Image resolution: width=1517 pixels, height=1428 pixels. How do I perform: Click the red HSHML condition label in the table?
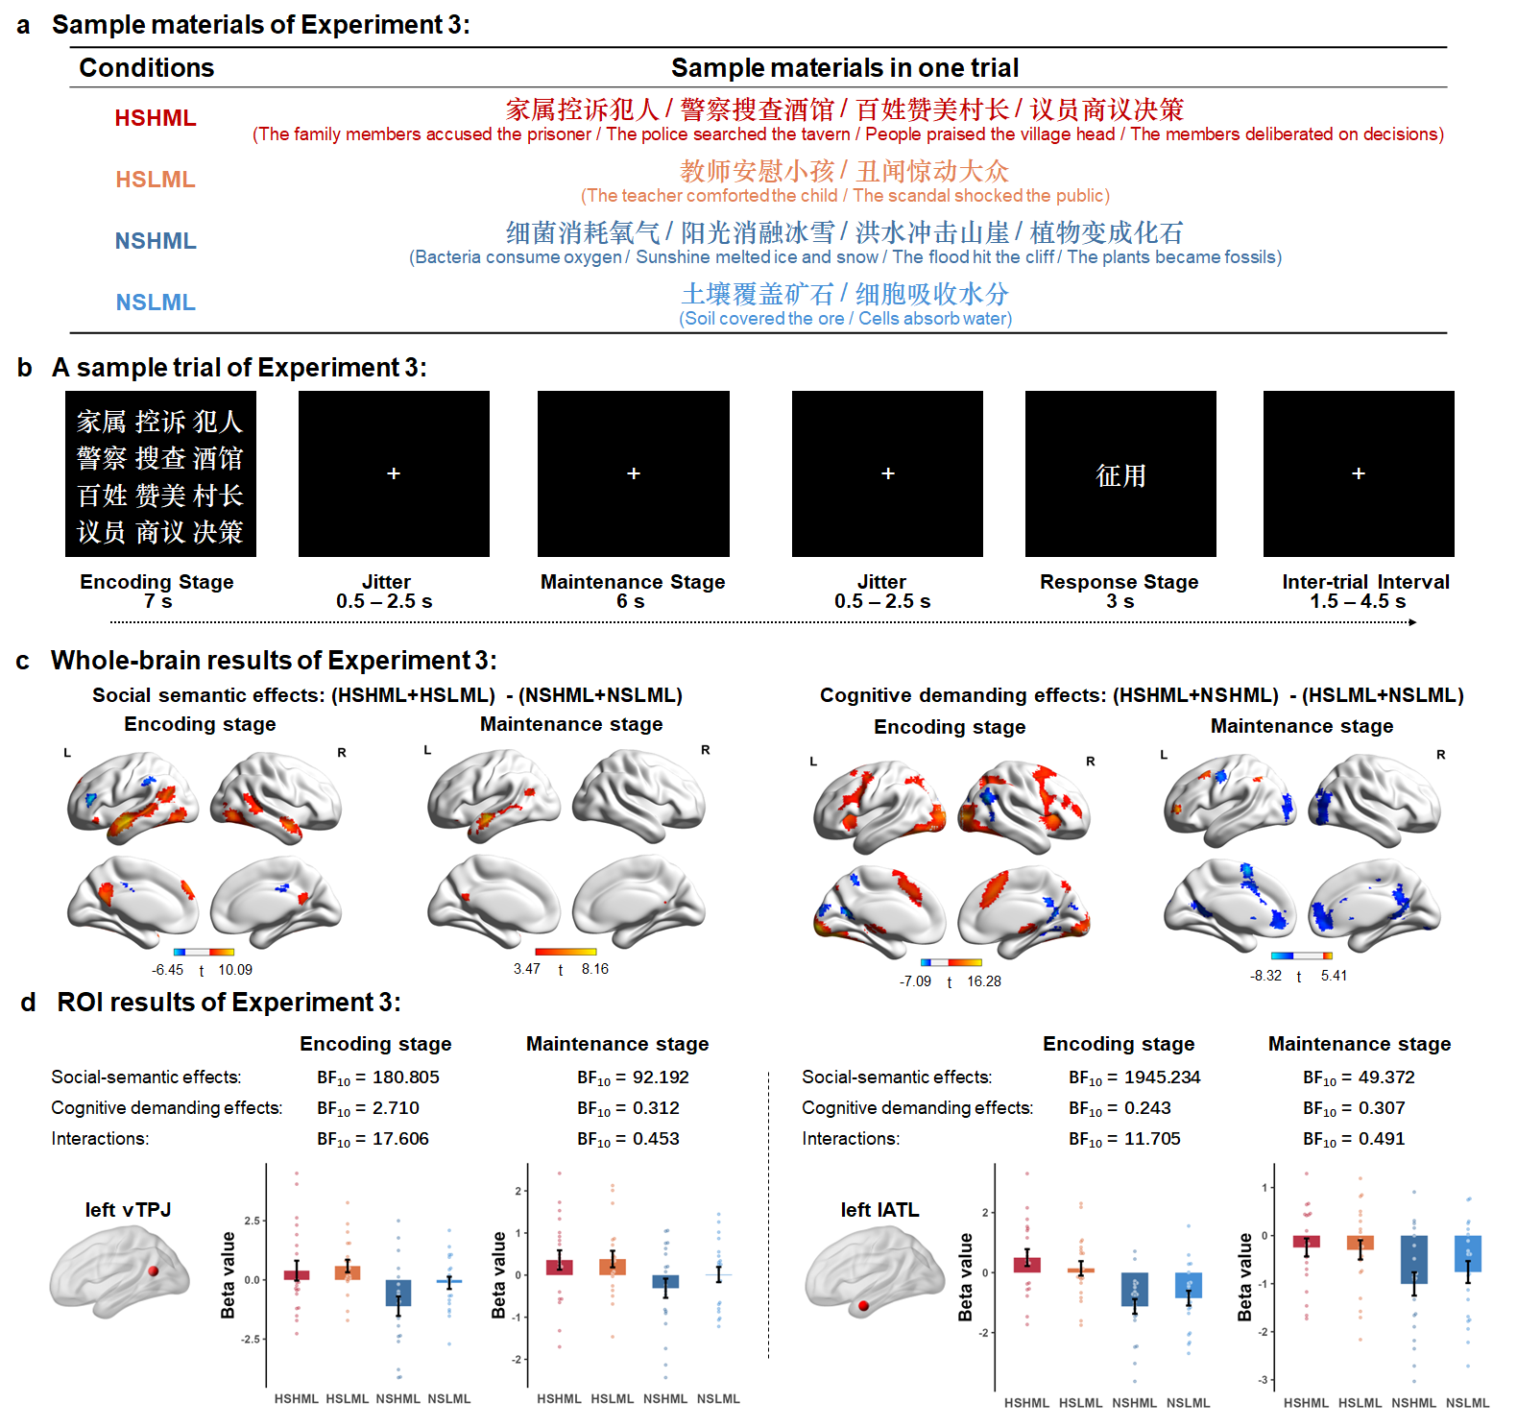(x=155, y=118)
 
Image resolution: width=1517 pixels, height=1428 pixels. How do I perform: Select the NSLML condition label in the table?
(x=155, y=303)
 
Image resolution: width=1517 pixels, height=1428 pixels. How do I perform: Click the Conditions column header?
(x=146, y=68)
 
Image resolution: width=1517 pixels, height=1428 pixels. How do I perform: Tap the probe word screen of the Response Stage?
(x=1120, y=474)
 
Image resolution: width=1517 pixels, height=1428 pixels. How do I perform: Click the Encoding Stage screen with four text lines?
(x=160, y=474)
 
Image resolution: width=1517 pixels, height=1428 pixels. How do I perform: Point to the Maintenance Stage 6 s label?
(x=632, y=592)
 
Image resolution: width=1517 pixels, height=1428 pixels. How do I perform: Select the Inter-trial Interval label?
(x=1364, y=582)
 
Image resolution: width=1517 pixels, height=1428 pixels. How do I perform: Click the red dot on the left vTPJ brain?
(x=154, y=1271)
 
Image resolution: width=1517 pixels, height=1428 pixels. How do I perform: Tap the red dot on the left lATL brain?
(x=863, y=1305)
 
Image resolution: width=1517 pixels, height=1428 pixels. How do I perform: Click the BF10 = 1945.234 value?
(x=1134, y=1077)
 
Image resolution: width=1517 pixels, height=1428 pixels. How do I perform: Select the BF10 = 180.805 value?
(x=378, y=1077)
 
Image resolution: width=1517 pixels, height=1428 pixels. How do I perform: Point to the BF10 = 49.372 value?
(x=1359, y=1077)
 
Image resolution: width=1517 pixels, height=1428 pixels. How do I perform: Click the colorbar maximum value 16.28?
(x=984, y=981)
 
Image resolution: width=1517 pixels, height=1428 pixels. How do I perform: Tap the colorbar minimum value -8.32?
(x=1265, y=976)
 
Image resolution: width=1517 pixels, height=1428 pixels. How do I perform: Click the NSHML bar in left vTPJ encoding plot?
(x=398, y=1293)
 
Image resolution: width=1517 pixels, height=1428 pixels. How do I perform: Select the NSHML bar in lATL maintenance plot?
(x=1413, y=1259)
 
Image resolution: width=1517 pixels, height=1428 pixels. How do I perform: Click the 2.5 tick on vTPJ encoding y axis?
(x=253, y=1221)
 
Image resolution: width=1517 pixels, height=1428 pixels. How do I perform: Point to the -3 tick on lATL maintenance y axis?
(x=1264, y=1380)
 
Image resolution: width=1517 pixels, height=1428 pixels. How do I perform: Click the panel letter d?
(x=29, y=1003)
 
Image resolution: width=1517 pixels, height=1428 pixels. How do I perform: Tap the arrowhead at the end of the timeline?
(x=1412, y=622)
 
